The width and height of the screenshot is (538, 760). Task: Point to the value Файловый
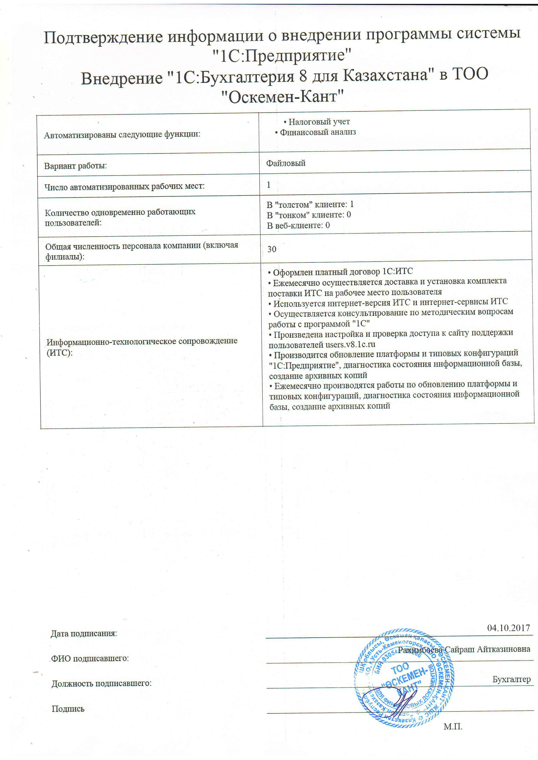click(285, 163)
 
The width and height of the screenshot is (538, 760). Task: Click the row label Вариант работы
click(75, 166)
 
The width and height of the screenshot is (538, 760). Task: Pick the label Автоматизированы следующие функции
click(122, 134)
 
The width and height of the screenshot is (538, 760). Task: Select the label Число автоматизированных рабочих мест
click(125, 186)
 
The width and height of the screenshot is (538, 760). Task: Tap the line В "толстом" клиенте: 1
click(310, 204)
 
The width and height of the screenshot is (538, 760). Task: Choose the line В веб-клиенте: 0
click(298, 225)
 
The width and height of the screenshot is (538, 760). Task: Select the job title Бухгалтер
click(511, 679)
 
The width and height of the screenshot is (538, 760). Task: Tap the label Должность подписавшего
click(101, 683)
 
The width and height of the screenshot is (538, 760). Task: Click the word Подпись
click(68, 709)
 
